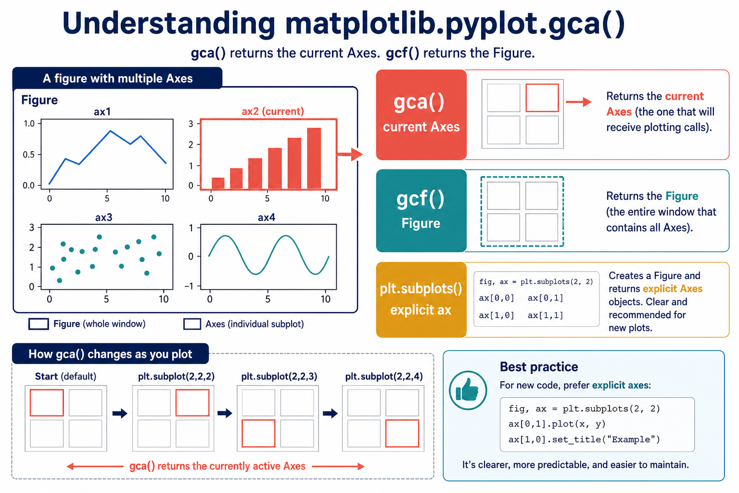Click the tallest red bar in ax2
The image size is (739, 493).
(314, 158)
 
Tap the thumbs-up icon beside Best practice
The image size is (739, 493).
(468, 390)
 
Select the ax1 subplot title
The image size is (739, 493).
(102, 112)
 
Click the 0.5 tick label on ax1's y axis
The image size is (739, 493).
(28, 155)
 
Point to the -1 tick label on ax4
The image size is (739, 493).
(189, 286)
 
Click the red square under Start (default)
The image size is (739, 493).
(47, 402)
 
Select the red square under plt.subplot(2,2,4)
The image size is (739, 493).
(402, 433)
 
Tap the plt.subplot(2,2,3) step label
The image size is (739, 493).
(279, 376)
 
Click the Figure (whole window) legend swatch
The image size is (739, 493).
(38, 324)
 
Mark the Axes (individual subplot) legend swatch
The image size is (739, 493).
(192, 324)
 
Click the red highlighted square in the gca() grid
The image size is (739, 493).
(542, 98)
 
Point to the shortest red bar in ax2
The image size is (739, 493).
(218, 183)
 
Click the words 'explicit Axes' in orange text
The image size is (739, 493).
(673, 288)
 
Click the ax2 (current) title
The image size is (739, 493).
(273, 111)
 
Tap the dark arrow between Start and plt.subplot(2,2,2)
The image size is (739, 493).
(120, 413)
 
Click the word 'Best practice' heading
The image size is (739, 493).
(539, 367)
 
